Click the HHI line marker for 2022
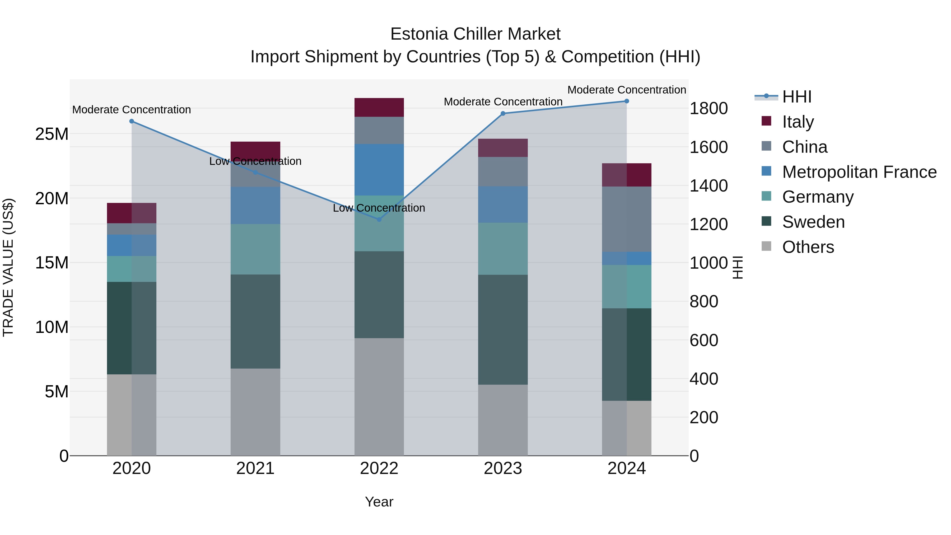(x=379, y=219)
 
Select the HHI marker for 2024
(x=627, y=101)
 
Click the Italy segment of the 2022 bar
(x=379, y=108)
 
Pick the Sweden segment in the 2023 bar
(x=502, y=330)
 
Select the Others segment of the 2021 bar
(x=255, y=412)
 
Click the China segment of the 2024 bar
(x=627, y=219)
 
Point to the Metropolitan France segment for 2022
(x=379, y=170)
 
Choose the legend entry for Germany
(x=817, y=197)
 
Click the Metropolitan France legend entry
(x=859, y=172)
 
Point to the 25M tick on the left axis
(x=52, y=134)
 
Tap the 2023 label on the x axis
(x=502, y=468)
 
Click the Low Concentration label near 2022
(x=379, y=208)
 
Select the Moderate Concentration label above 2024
(x=627, y=90)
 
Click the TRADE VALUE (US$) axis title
(x=8, y=267)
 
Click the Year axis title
(x=379, y=502)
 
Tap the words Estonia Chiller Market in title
(x=475, y=34)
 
